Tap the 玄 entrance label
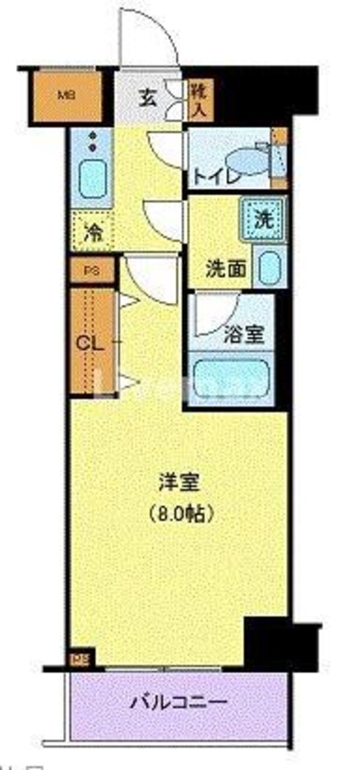point(147,98)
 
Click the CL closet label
point(90,344)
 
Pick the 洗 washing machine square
point(264,219)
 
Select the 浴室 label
point(247,334)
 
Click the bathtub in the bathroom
point(231,376)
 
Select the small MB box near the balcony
point(78,659)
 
